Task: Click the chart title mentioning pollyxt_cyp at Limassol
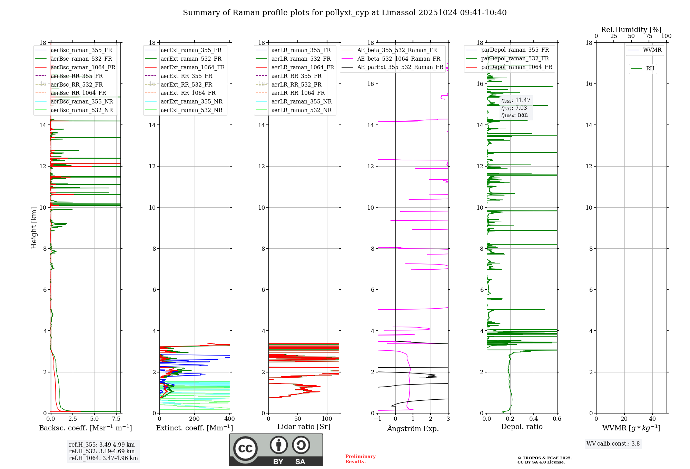(x=345, y=13)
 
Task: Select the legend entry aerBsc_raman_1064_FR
(x=83, y=67)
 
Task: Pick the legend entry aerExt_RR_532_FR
(x=186, y=84)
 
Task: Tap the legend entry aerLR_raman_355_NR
(x=301, y=101)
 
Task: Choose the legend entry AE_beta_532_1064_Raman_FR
(x=398, y=59)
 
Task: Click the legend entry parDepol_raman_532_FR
(x=515, y=59)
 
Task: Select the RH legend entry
(x=650, y=69)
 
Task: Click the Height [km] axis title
(x=34, y=228)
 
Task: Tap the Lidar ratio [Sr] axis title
(x=304, y=427)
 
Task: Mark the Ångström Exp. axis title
(x=413, y=428)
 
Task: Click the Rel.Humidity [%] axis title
(x=631, y=30)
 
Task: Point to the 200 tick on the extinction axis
(x=194, y=419)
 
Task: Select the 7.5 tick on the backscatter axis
(x=116, y=419)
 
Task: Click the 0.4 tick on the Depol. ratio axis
(x=534, y=419)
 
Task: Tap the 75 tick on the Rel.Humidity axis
(x=649, y=36)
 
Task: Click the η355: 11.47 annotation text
(x=516, y=100)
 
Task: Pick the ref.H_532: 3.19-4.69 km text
(x=102, y=451)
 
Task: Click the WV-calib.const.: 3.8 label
(x=613, y=444)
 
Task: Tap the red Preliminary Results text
(x=360, y=459)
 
